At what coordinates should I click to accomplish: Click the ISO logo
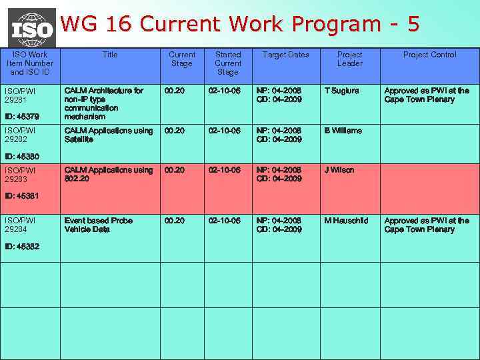pos(31,27)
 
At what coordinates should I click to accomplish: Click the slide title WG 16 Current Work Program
pos(240,24)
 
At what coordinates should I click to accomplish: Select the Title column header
pos(110,55)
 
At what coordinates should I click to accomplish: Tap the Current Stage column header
pos(181,59)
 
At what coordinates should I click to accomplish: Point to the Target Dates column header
pos(285,55)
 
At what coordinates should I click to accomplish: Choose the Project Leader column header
pos(349,59)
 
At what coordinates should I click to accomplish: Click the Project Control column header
pos(429,55)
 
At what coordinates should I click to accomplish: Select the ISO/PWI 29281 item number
pos(20,95)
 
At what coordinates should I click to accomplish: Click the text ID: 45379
pos(21,117)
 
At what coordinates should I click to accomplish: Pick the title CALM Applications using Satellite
pos(108,135)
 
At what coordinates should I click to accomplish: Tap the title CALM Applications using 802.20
pos(108,174)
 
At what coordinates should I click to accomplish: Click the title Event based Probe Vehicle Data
pos(98,225)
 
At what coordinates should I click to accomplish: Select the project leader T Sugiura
pos(341,91)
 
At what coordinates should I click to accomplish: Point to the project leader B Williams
pos(343,131)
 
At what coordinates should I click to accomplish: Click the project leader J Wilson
pos(339,170)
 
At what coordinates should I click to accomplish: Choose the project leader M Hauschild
pos(346,221)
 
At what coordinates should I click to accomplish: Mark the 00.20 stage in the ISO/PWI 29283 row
pos(175,170)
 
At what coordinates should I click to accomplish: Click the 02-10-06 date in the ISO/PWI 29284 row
pos(224,221)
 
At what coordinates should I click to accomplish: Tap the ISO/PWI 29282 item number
pos(20,135)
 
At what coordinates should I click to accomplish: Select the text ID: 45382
pos(21,246)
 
